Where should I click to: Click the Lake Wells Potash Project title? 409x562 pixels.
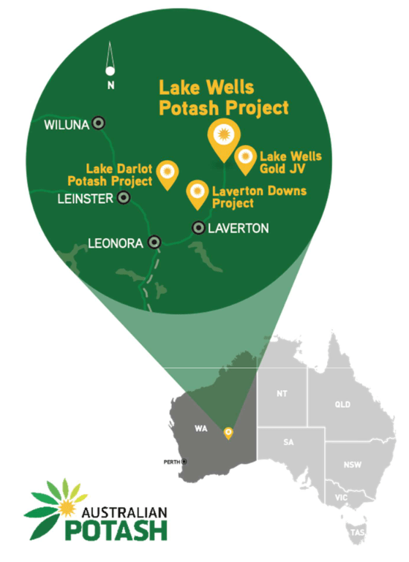click(224, 98)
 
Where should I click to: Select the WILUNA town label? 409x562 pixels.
click(67, 125)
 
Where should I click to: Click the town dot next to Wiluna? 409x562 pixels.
click(97, 124)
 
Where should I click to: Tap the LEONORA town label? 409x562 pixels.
click(114, 243)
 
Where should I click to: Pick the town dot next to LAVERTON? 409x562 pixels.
click(198, 228)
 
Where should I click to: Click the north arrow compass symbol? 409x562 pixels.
click(110, 65)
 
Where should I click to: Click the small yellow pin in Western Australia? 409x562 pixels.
click(228, 433)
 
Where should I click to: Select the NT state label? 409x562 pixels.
click(282, 394)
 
